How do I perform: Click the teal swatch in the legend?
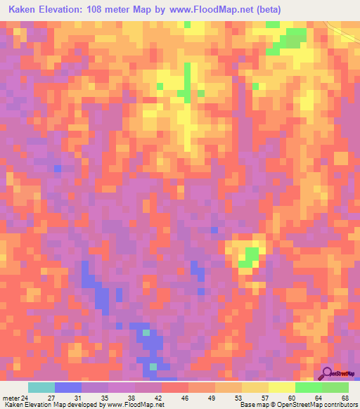point(41,387)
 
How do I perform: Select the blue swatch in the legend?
point(68,387)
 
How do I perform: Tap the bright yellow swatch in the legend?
point(282,387)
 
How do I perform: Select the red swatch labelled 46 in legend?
point(175,387)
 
